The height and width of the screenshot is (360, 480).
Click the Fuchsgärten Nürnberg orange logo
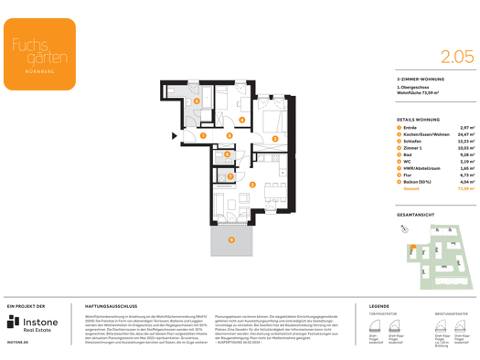pos(38,54)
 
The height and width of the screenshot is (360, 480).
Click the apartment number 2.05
pos(456,57)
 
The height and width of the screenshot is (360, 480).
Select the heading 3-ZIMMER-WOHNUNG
pos(419,80)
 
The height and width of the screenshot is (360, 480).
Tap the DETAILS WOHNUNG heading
pos(419,120)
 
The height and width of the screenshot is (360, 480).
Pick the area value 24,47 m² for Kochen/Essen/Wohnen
pos(466,135)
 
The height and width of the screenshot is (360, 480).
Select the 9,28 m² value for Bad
pos(466,155)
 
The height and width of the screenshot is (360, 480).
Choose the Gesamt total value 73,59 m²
pos(466,189)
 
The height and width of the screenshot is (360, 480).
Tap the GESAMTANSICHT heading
pos(416,215)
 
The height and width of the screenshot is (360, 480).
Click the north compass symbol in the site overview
pos(404,229)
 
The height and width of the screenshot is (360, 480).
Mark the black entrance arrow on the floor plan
pos(175,136)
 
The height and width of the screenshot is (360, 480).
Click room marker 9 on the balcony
pos(231,240)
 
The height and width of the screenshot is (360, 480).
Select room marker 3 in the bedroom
pos(275,139)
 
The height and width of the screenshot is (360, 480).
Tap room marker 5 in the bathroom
pos(196,101)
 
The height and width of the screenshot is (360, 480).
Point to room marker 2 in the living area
pos(252,185)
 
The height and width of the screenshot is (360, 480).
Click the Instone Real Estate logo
pos(33,323)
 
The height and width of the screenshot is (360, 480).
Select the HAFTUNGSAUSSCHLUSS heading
pos(111,306)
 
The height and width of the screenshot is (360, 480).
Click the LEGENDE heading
pos(379,306)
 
